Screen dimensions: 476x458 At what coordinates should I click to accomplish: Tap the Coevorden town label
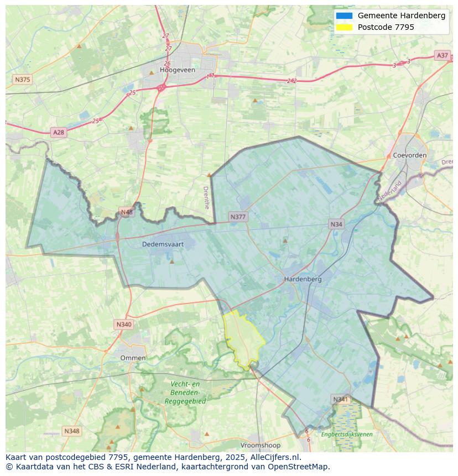pyautogui.click(x=409, y=155)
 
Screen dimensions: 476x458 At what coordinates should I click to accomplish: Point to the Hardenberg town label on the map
pyautogui.click(x=303, y=279)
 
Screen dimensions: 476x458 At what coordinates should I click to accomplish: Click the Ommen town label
pyautogui.click(x=133, y=358)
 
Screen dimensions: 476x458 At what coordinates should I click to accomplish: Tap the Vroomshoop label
pyautogui.click(x=260, y=445)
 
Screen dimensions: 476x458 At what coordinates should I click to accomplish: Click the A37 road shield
pyautogui.click(x=442, y=55)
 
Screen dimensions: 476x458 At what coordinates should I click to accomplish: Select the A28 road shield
pyautogui.click(x=58, y=132)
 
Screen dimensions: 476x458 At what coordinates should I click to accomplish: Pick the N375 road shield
pyautogui.click(x=22, y=80)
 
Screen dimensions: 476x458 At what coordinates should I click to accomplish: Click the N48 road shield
pyautogui.click(x=127, y=212)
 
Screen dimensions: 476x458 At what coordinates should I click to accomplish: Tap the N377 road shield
pyautogui.click(x=238, y=217)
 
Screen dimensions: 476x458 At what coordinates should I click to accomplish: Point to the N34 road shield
pyautogui.click(x=336, y=224)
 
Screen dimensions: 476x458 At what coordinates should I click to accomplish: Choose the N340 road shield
pyautogui.click(x=124, y=325)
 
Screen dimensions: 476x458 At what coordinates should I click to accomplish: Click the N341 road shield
pyautogui.click(x=341, y=399)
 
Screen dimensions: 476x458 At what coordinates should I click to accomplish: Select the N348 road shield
pyautogui.click(x=71, y=431)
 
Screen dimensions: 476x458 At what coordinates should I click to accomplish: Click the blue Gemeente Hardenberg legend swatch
pyautogui.click(x=343, y=15)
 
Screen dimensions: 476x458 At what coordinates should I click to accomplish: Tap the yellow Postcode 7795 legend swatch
pyautogui.click(x=343, y=27)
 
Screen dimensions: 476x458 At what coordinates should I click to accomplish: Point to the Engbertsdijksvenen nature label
pyautogui.click(x=347, y=435)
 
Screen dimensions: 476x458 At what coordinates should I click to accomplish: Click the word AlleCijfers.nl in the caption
pyautogui.click(x=274, y=457)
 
